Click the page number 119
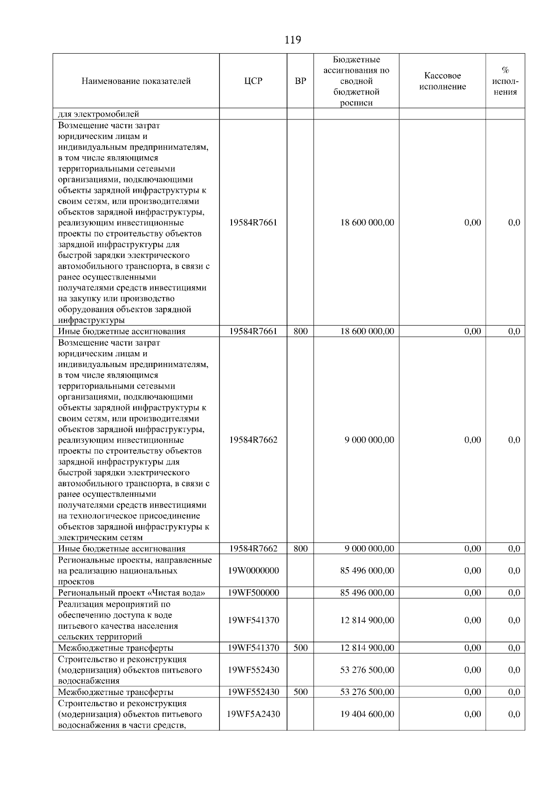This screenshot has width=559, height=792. coord(293,40)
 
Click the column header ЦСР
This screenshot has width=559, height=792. coord(253,81)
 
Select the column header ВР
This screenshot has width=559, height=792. coord(301,81)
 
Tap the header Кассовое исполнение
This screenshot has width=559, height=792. coord(443,81)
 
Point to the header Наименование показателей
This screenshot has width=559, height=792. coord(136,81)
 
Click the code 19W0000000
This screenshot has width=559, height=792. coord(253,570)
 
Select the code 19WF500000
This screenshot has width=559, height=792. coord(253,593)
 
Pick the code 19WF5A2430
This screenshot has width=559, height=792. coord(253,714)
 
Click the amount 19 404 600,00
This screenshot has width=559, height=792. coord(367,714)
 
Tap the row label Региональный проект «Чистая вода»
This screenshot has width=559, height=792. coord(131,593)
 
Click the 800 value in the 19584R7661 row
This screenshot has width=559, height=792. coord(301,332)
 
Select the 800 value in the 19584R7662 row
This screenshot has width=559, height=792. coord(301,549)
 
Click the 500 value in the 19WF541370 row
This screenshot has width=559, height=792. coord(301,648)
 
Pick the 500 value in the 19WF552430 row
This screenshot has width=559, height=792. coord(301,692)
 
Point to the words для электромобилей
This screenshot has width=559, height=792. coord(98,114)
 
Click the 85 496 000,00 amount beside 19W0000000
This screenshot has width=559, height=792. coord(367,570)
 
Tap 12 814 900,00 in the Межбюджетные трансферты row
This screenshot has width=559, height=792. coord(367,648)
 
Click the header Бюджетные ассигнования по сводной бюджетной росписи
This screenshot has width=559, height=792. coord(356,81)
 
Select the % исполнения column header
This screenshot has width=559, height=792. coord(505,81)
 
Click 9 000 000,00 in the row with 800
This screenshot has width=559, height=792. coord(369,549)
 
